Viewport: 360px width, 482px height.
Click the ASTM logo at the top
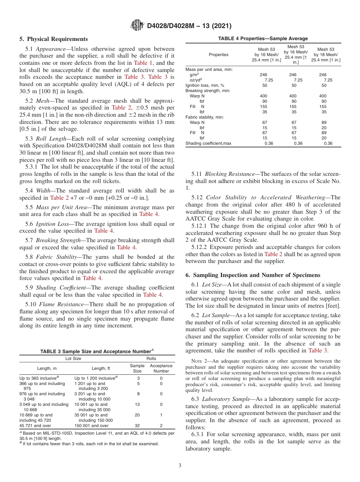[x=137, y=26]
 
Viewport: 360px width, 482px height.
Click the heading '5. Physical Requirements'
[x=53, y=39]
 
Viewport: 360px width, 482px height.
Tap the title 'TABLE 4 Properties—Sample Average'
[x=263, y=39]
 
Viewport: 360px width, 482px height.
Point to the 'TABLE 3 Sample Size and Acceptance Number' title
[x=97, y=351]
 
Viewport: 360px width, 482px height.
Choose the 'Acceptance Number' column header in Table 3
[x=161, y=368]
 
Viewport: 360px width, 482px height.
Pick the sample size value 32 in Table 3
[x=137, y=426]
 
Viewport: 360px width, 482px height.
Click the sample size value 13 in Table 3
[x=137, y=404]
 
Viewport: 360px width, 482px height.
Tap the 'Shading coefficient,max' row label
[x=208, y=143]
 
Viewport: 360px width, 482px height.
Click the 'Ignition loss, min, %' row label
[x=205, y=85]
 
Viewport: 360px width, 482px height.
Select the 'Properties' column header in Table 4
[x=219, y=55]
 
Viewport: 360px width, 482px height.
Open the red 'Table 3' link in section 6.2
[x=318, y=351]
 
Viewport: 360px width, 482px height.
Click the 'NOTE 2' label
[x=199, y=361]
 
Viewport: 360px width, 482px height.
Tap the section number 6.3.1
[x=199, y=434]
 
